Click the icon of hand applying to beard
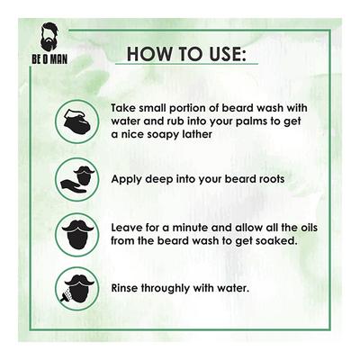click(x=77, y=178)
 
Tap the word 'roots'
click(x=266, y=179)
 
